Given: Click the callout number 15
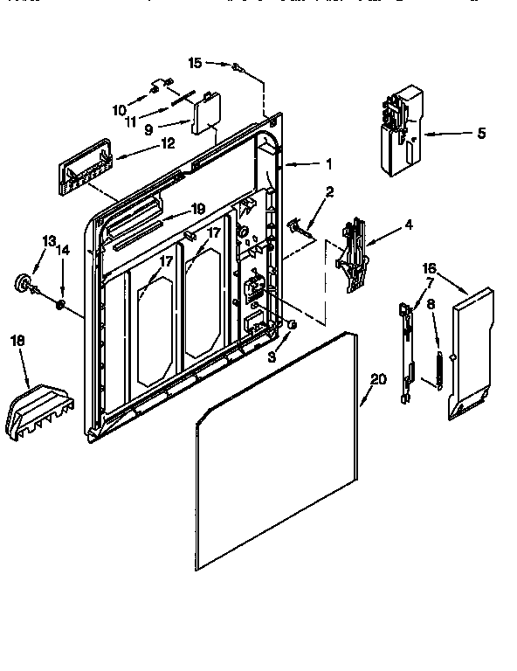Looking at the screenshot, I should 195,62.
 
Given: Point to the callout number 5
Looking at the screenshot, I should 481,134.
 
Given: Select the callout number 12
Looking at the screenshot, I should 167,142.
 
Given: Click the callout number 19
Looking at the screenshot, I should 198,209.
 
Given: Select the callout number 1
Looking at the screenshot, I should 328,163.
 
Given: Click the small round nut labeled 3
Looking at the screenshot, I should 291,325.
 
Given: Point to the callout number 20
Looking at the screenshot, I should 377,379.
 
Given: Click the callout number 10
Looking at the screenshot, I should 120,110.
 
